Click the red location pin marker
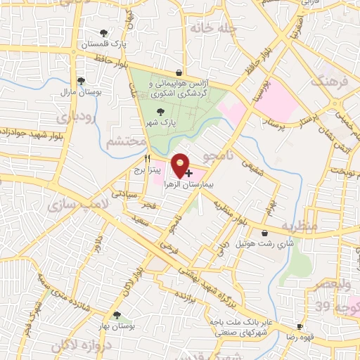181,165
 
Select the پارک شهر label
161,121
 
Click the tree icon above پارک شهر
161,111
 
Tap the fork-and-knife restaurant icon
148,159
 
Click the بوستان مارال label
81,91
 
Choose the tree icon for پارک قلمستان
104,32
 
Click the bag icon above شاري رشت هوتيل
264,233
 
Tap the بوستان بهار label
116,326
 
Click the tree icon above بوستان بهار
116,316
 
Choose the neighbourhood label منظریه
300,226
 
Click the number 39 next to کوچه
322,307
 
